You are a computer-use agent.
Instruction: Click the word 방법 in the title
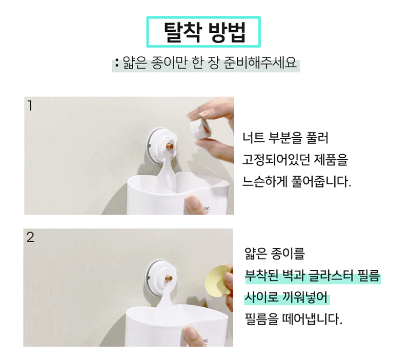click(x=227, y=32)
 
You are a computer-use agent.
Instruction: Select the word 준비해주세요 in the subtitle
click(x=260, y=63)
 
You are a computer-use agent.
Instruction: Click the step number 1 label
click(x=30, y=106)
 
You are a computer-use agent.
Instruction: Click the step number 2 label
click(x=30, y=237)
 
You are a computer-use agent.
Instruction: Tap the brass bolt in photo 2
click(x=169, y=278)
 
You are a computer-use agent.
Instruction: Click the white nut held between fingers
click(x=200, y=128)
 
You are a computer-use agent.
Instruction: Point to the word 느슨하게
click(x=264, y=182)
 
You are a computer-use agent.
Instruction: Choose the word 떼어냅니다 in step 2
click(x=312, y=319)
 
